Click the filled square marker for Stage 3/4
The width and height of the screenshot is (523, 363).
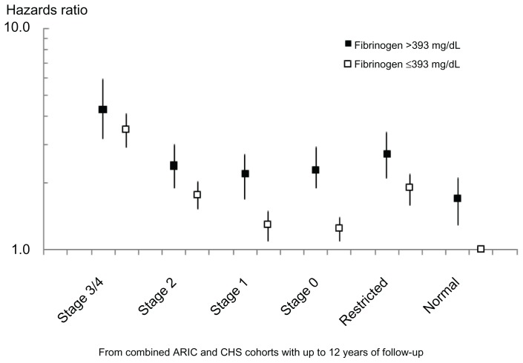[x=102, y=110]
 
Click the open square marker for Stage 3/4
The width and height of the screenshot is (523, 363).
[x=125, y=130]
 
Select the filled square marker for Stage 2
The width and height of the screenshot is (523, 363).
[x=174, y=166]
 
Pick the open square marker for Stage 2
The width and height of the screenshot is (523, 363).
[x=197, y=195]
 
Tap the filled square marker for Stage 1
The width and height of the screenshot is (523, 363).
[x=245, y=174]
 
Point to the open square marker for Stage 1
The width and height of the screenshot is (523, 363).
[x=268, y=224]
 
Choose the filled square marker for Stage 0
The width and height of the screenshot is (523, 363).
[x=315, y=170]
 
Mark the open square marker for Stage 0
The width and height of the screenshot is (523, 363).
[x=339, y=228]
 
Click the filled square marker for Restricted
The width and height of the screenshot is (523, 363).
[x=387, y=154]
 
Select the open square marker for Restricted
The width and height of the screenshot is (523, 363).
[x=409, y=187]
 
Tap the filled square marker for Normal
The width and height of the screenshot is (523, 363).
[x=458, y=199]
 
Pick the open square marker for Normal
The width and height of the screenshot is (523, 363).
[x=481, y=250]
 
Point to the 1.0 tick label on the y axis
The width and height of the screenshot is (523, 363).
[x=19, y=250]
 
